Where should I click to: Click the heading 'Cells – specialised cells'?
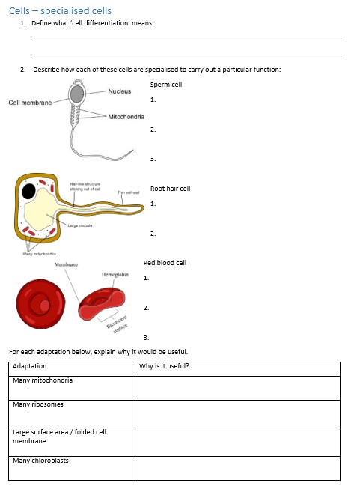click(60, 10)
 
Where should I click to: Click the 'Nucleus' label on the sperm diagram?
click(119, 91)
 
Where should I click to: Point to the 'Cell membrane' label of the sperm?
click(31, 103)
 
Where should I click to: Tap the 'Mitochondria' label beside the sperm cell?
click(126, 117)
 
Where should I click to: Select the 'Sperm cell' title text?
click(166, 85)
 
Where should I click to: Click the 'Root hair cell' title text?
click(171, 189)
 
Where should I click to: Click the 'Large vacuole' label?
click(79, 225)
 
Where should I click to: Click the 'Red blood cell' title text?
click(165, 263)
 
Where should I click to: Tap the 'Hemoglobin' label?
click(115, 275)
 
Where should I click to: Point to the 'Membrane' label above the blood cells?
click(67, 265)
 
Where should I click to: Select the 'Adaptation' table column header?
click(30, 366)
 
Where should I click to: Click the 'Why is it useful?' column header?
click(164, 366)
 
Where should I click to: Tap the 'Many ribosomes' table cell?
click(38, 404)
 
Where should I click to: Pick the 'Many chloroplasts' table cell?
click(40, 461)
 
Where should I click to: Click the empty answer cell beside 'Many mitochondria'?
click(237, 387)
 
